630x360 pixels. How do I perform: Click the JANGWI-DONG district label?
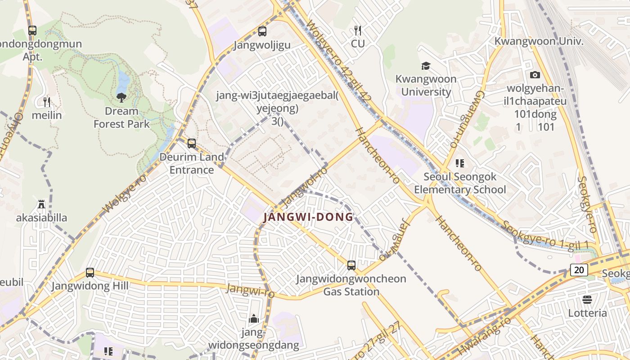tap(308, 217)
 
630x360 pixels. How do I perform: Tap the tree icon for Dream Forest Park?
tap(121, 97)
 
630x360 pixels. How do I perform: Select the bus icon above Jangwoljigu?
tap(262, 31)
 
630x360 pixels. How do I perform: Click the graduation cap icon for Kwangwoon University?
tap(426, 66)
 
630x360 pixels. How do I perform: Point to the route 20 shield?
tap(579, 270)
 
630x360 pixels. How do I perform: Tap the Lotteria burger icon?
tap(587, 299)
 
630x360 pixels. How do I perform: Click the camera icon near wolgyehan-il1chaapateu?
tap(535, 75)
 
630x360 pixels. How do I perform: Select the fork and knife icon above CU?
tap(358, 30)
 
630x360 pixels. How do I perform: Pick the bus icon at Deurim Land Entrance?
tap(192, 144)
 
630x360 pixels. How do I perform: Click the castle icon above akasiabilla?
tap(41, 204)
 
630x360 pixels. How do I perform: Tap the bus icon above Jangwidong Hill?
tap(90, 273)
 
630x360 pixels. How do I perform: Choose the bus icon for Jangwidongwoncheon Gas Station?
tap(351, 265)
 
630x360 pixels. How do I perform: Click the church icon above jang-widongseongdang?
tap(254, 319)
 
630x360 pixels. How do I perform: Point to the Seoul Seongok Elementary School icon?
tap(459, 163)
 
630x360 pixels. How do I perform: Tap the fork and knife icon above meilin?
tap(47, 102)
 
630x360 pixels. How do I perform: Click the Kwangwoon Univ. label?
tap(539, 41)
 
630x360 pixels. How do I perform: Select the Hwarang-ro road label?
tap(484, 336)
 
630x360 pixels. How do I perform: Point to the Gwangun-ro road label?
tap(466, 119)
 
